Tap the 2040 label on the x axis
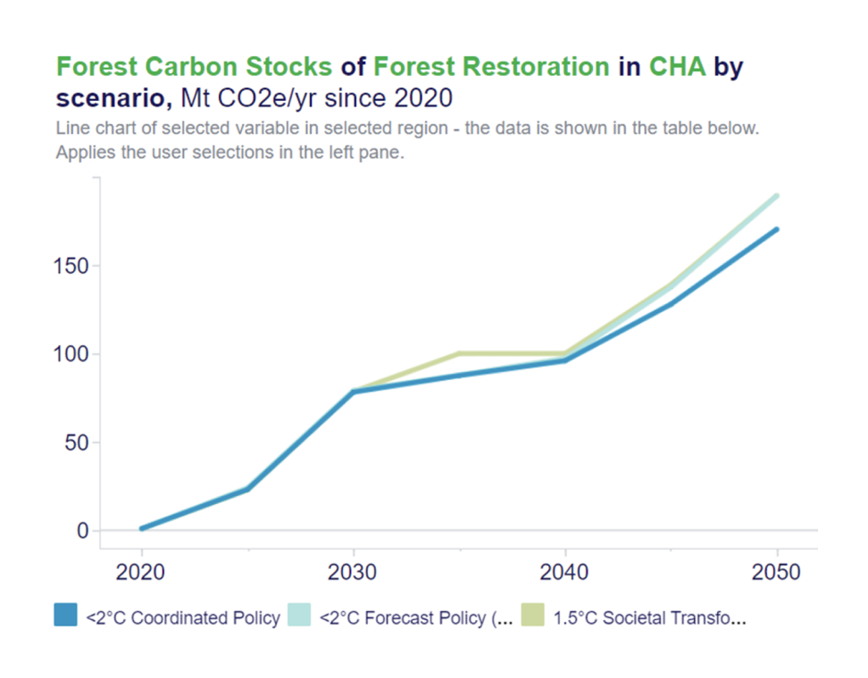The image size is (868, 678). coord(565,572)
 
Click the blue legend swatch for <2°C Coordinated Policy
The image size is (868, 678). coord(65,616)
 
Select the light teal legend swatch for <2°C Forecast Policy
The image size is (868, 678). coord(298,616)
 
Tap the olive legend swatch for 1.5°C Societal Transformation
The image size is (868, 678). coord(532,616)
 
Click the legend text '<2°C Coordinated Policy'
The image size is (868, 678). coord(183,617)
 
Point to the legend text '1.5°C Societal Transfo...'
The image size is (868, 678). coord(649,617)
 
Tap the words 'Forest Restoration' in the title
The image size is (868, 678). coord(491,67)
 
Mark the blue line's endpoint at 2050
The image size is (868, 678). coord(777,229)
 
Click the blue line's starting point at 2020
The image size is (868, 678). coord(142,529)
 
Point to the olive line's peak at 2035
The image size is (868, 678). coord(459,353)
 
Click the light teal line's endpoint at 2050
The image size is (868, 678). coord(777,195)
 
